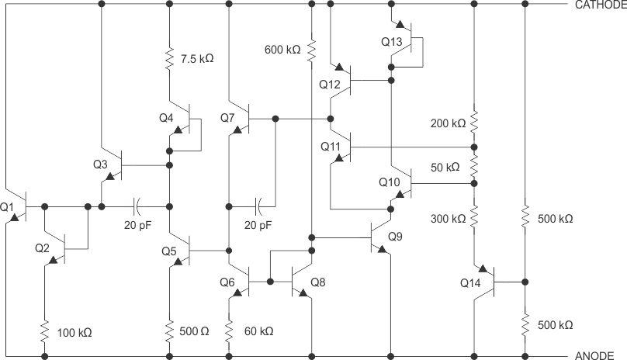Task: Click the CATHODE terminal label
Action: click(x=599, y=5)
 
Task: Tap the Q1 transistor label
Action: click(x=9, y=208)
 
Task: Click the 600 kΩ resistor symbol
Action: click(x=310, y=50)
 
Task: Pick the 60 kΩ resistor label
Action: click(x=258, y=331)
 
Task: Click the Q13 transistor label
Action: click(x=392, y=42)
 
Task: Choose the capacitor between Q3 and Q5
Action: click(x=137, y=206)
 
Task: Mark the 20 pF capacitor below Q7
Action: click(x=260, y=206)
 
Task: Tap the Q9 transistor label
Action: click(x=396, y=235)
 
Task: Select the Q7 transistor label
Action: click(x=227, y=118)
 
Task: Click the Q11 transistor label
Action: click(x=330, y=145)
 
